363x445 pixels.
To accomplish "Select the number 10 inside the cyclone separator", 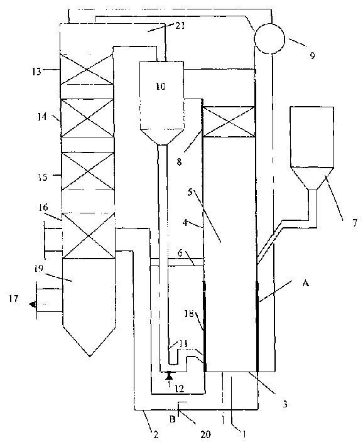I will pyautogui.click(x=161, y=86).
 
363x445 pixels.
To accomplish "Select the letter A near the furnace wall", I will pyautogui.click(x=306, y=284).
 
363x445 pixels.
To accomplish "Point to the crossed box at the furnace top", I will pyautogui.click(x=230, y=120).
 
